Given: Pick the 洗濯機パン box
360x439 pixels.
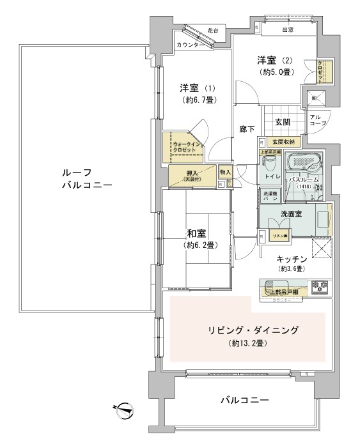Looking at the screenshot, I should pos(267,197).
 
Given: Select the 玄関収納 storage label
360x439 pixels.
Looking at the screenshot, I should pos(279,142).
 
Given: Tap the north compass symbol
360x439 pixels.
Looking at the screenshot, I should pos(123,408).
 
